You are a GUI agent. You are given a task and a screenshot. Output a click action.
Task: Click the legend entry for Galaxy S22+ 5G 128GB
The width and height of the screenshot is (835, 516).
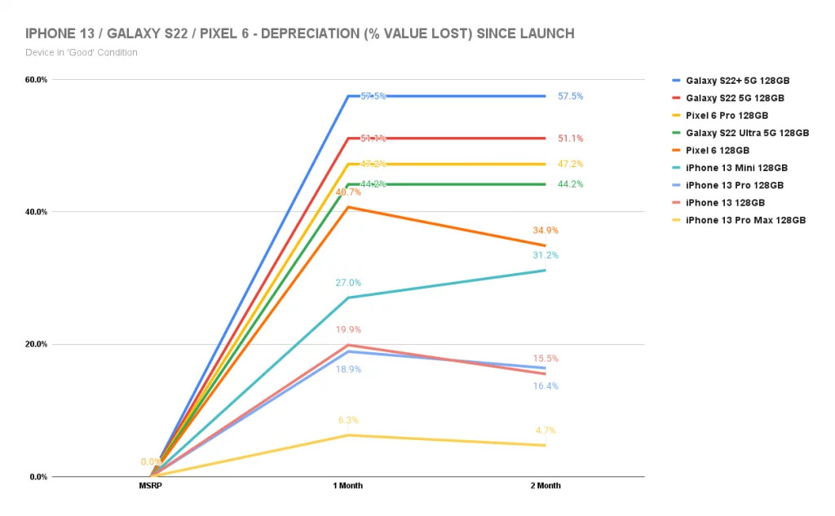[737, 81]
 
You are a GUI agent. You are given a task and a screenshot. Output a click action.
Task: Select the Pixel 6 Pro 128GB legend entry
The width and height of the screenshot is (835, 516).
[727, 116]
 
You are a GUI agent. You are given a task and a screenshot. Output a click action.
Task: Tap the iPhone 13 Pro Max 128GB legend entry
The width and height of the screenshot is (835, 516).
[745, 220]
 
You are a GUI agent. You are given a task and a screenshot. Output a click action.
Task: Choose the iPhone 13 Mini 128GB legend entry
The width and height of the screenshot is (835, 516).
[735, 168]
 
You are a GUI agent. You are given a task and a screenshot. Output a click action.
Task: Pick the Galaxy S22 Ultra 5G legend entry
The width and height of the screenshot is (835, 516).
[747, 133]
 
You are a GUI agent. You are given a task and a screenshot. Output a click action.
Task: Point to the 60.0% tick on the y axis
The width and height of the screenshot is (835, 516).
[37, 80]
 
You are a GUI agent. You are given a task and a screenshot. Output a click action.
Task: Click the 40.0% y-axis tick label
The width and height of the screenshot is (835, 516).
[37, 212]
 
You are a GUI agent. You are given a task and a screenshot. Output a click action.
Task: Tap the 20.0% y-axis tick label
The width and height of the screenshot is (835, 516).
[37, 344]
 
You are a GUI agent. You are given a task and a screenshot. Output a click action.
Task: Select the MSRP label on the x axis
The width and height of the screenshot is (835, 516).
[151, 486]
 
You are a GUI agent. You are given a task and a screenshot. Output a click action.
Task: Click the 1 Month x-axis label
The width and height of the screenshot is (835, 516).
[348, 486]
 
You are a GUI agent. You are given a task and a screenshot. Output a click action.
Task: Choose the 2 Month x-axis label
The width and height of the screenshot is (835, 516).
[546, 486]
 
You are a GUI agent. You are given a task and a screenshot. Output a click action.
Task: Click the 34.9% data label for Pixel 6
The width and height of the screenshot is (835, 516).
[546, 231]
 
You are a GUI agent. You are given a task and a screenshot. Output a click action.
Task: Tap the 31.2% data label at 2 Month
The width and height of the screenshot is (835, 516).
[546, 255]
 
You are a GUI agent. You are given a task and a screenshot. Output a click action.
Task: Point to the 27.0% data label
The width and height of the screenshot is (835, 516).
[348, 283]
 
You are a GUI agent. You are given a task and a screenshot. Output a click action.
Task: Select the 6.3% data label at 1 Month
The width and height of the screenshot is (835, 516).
[348, 421]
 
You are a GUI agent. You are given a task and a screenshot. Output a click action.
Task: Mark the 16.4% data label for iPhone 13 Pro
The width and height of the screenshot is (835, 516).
[546, 386]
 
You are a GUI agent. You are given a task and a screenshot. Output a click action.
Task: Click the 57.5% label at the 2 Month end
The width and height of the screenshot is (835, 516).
[570, 96]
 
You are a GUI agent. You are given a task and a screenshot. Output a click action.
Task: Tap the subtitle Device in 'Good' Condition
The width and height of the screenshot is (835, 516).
[82, 53]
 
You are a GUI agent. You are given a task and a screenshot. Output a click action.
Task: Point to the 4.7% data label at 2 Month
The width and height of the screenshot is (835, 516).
[546, 430]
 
